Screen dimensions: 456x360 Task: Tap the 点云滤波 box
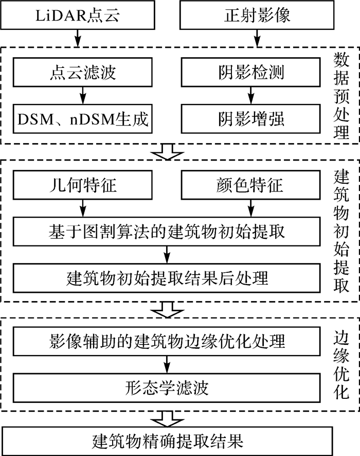tap(82, 72)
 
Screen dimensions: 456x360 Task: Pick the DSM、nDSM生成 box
tap(82, 119)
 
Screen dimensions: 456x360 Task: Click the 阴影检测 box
tap(250, 72)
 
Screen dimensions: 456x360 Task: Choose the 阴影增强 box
tap(250, 119)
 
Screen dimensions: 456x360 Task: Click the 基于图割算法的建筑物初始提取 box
tap(167, 231)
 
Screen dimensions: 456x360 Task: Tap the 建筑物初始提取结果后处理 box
tap(167, 278)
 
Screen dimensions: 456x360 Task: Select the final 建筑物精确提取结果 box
tap(167, 441)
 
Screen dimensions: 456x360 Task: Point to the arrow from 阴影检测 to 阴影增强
tap(250, 95)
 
